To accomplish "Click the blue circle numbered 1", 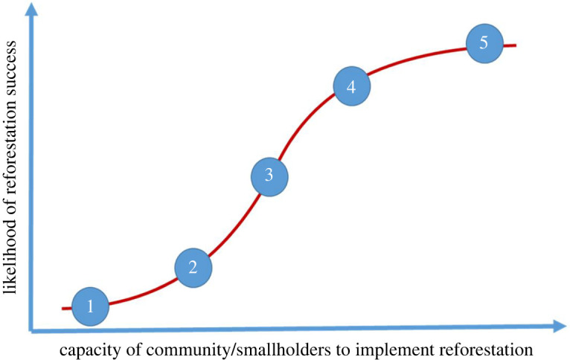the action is click(x=91, y=306).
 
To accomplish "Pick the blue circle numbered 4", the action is click(x=351, y=86).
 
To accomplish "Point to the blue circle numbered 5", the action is click(x=484, y=42).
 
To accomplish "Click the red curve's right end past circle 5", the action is click(x=513, y=45).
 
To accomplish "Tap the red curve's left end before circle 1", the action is click(x=65, y=307).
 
